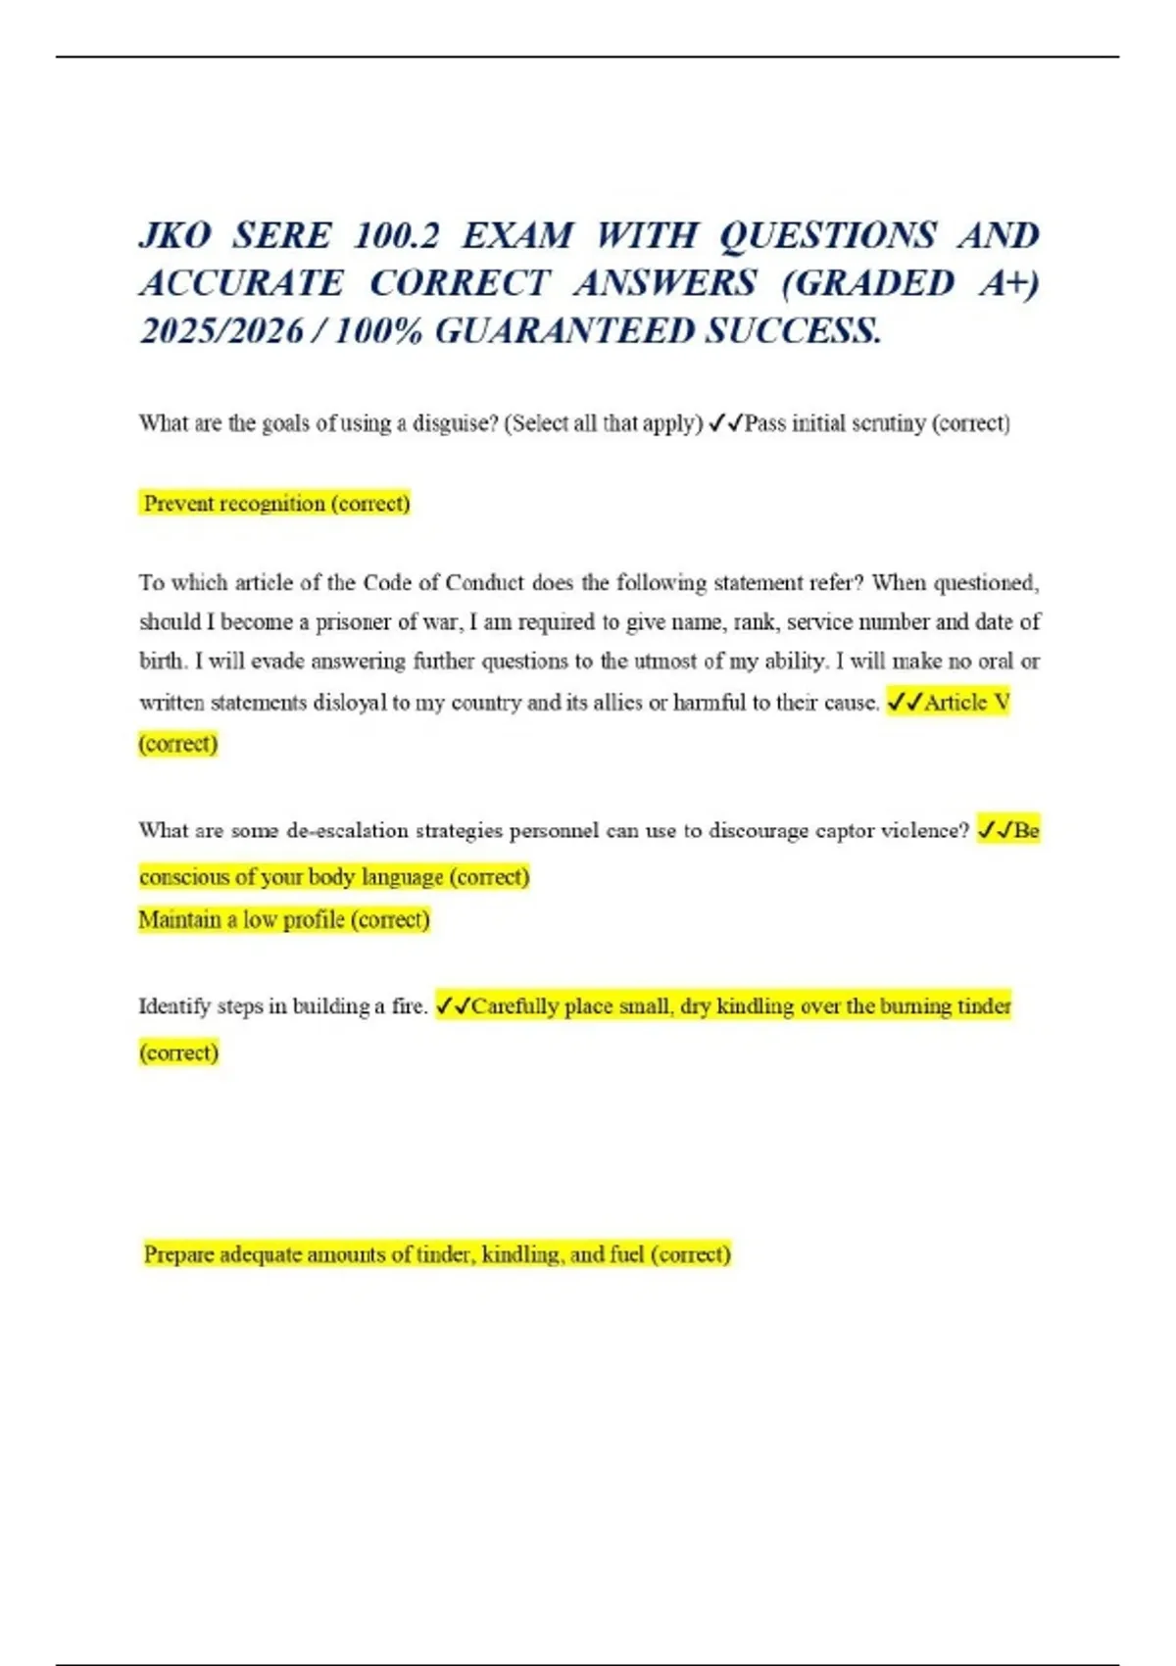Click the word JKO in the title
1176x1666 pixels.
tap(175, 236)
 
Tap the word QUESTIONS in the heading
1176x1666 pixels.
tap(828, 236)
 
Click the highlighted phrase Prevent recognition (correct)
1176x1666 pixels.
tap(276, 504)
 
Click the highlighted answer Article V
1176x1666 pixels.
tap(966, 703)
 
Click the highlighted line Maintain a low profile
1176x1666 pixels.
tap(284, 920)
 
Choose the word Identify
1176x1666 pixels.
tap(174, 1006)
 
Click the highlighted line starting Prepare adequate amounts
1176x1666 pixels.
tap(437, 1255)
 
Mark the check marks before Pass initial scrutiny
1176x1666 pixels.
tap(725, 423)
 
